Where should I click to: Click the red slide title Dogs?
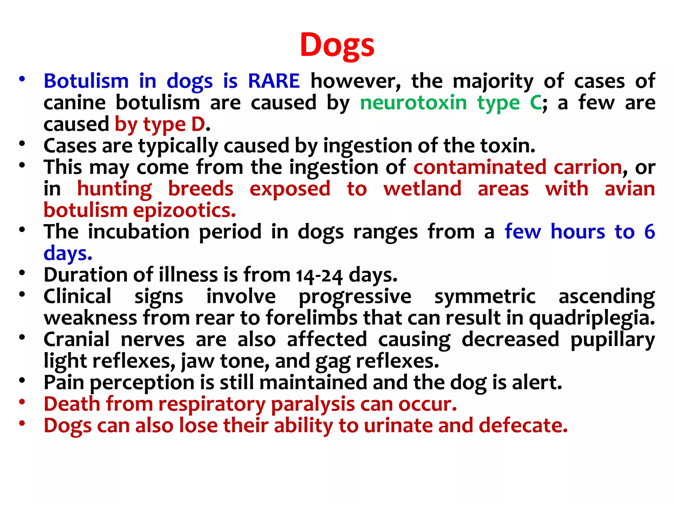[337, 45]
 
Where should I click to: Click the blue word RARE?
[274, 81]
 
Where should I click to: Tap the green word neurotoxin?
[413, 103]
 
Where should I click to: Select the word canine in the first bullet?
[75, 103]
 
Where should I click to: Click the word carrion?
[588, 167]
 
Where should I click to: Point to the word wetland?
[423, 189]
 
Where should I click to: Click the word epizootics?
[185, 211]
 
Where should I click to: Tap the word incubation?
[139, 232]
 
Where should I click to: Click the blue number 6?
[649, 232]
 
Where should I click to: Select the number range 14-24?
[319, 276]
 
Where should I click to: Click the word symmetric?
[485, 297]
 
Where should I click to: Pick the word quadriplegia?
[592, 318]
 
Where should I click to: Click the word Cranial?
[76, 340]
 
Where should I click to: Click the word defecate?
[523, 426]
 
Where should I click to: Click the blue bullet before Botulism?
[22, 79]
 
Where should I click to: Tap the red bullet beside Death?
[22, 402]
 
